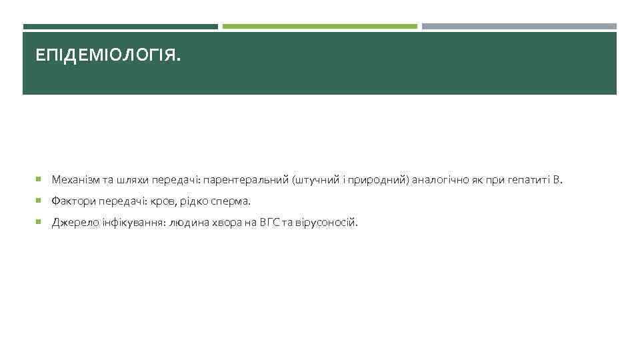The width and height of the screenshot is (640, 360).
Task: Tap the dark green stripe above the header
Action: [x=120, y=27]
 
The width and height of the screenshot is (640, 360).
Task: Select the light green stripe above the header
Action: [x=319, y=27]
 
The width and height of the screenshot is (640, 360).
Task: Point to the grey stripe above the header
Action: [x=519, y=27]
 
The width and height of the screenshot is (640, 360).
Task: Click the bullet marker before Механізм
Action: [x=41, y=180]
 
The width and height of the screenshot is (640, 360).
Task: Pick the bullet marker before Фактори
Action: [x=41, y=201]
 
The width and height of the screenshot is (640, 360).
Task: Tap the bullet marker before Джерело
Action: [x=41, y=223]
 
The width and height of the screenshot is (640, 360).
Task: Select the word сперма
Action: [x=230, y=201]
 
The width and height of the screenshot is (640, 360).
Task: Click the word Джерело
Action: [x=71, y=223]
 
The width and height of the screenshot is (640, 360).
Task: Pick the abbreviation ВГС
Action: [x=270, y=223]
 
